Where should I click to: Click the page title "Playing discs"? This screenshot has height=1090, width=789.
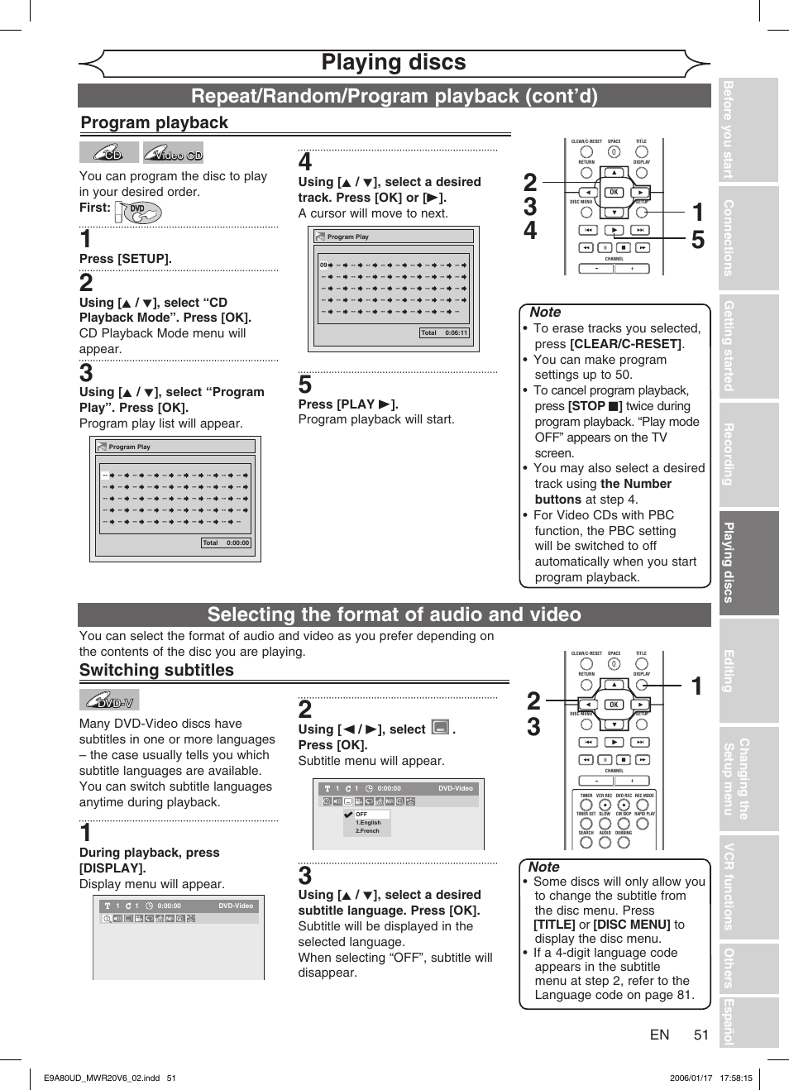coord(394,63)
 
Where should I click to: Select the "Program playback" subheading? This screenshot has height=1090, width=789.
coord(155,122)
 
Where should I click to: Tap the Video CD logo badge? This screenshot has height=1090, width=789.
coord(173,153)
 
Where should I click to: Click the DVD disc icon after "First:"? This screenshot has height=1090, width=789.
coord(138,212)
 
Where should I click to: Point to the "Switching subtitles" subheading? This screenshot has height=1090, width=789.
coord(156,670)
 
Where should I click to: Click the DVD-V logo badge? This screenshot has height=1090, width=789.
coord(110,700)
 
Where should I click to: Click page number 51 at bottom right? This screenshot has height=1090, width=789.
coord(701,1035)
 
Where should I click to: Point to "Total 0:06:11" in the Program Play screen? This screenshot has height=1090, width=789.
coord(444,333)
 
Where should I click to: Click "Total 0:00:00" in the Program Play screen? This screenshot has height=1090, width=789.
coord(226,543)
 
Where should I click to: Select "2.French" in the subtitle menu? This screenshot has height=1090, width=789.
coord(367,831)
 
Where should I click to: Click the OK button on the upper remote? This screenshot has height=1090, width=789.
coord(614,192)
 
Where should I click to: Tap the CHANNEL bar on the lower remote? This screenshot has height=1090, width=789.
coord(614,780)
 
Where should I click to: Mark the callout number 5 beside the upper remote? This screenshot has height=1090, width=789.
coord(698,240)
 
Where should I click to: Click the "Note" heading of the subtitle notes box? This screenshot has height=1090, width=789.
coord(544,867)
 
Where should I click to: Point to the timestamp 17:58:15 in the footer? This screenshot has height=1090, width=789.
coord(736,1078)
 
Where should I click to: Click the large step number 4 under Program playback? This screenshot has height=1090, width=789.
coord(305,162)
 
